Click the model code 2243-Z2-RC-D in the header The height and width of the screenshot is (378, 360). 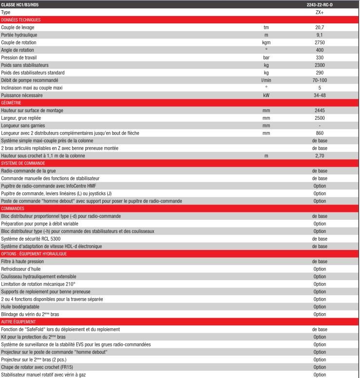coord(320,5)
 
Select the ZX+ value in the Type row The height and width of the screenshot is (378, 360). coord(320,12)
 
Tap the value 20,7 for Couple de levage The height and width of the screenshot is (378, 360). coord(320,27)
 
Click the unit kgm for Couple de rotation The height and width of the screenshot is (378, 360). coord(266,42)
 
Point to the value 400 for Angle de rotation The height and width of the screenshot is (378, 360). coord(320,50)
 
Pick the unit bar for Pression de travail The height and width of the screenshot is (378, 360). coord(266,57)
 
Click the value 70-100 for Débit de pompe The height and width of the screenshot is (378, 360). coord(320,80)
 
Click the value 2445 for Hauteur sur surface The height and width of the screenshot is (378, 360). coord(320,111)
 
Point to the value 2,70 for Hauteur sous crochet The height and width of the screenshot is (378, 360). coord(320,155)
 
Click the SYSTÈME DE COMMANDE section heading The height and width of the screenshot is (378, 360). coord(23,163)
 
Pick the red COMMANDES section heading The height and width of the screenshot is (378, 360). coord(13,208)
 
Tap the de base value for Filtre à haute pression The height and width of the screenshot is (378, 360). coord(320,262)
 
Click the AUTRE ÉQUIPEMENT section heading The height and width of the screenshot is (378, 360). coord(18,321)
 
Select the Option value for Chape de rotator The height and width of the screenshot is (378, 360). coord(320,367)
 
